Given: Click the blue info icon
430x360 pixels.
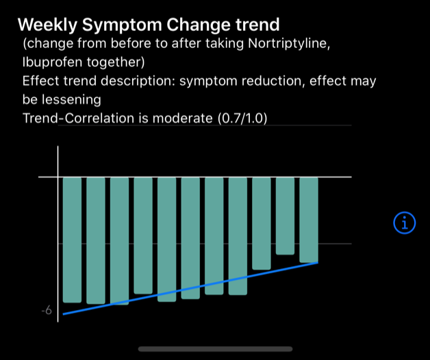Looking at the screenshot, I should (405, 222).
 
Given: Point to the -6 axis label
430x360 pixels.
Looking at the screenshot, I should (46, 311).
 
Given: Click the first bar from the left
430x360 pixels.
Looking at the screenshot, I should (72, 240).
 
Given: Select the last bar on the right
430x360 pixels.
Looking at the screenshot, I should (309, 219).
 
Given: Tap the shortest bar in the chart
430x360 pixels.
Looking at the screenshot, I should (285, 216).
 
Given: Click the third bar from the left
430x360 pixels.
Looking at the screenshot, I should (119, 240).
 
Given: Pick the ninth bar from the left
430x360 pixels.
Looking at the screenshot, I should (262, 223).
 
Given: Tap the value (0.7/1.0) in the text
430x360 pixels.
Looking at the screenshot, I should (242, 118).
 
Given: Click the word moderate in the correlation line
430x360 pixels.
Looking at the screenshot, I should (187, 118).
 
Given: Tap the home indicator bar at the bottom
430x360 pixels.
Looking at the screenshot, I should (215, 348).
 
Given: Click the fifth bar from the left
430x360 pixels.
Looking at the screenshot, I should (166, 239).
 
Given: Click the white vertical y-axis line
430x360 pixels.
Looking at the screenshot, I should (58, 233).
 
